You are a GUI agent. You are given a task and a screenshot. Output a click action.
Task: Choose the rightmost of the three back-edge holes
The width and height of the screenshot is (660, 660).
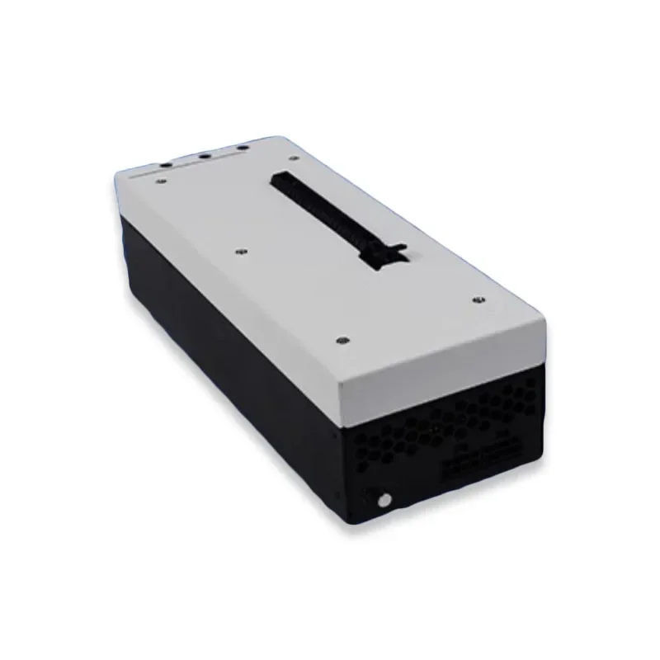(x=243, y=148)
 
